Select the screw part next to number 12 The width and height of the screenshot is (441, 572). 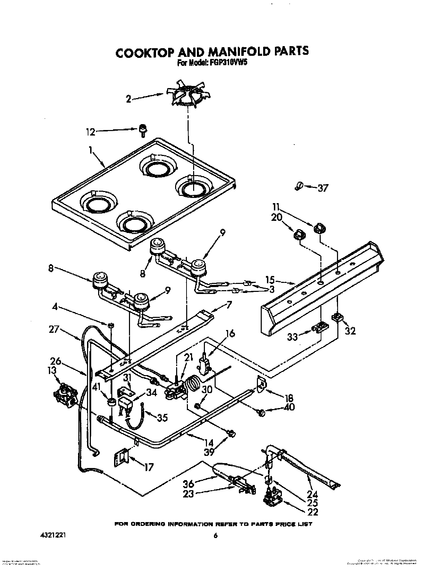(x=142, y=130)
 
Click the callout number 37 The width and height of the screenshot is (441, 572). (x=322, y=188)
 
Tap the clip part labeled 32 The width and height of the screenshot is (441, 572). (x=336, y=317)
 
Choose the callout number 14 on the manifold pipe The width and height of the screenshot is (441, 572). (x=209, y=443)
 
